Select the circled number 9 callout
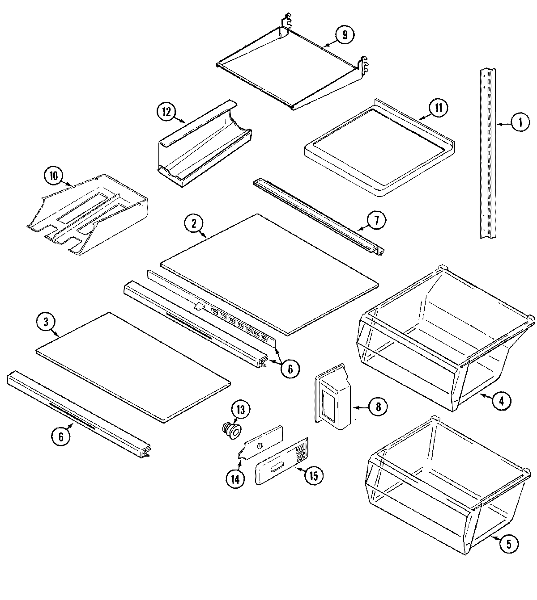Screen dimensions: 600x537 point(345,35)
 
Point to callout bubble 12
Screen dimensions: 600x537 point(166,112)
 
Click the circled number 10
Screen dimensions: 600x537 point(54,176)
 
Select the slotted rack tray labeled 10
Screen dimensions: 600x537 point(89,214)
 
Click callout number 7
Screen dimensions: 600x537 point(376,220)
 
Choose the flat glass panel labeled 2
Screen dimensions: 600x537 point(268,273)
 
